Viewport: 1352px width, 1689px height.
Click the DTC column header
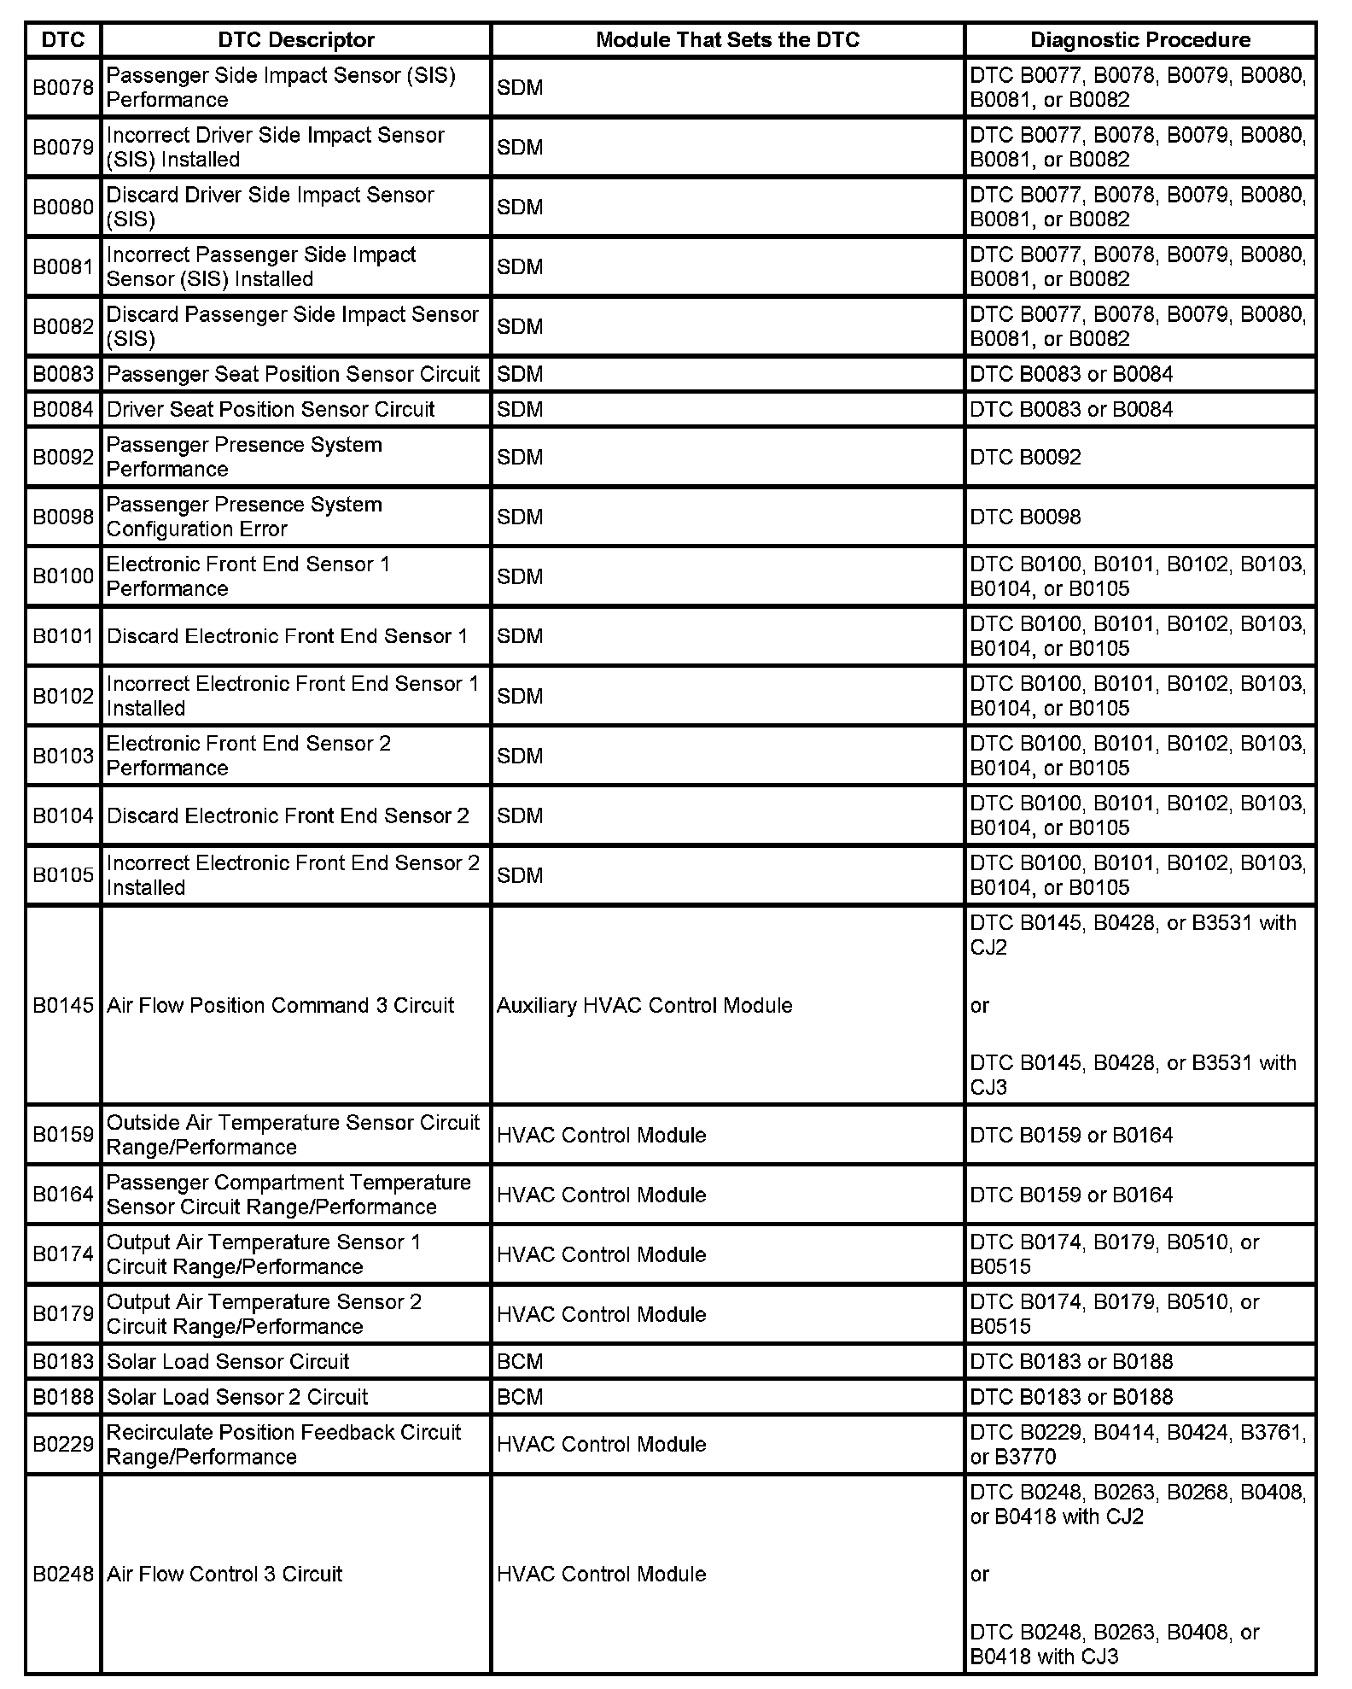[63, 40]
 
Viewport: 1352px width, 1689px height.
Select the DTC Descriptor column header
[295, 40]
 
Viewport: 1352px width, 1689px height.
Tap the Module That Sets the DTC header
[727, 40]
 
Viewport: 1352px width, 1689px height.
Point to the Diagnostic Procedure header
[1140, 40]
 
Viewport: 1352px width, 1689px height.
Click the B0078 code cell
[63, 88]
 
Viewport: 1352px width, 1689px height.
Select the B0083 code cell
[63, 375]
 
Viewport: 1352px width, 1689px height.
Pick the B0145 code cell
[63, 1006]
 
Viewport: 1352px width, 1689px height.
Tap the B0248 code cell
[63, 1575]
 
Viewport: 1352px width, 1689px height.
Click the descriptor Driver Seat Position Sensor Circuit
[271, 410]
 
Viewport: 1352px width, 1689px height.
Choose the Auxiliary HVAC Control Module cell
[644, 1006]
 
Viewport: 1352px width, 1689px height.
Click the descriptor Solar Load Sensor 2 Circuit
[237, 1397]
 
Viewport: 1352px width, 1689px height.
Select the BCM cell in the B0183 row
[520, 1362]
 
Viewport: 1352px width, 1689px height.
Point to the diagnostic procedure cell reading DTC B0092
[1025, 458]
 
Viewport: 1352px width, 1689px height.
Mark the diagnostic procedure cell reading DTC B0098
[1025, 517]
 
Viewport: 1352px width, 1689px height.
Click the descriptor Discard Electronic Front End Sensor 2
[288, 816]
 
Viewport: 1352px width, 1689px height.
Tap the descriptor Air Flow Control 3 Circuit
[224, 1575]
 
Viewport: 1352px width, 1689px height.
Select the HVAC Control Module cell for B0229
[602, 1445]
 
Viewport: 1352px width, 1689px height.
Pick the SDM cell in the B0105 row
[520, 876]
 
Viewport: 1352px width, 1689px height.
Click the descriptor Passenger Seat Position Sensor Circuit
[294, 375]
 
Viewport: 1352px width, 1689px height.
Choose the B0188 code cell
[63, 1397]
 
